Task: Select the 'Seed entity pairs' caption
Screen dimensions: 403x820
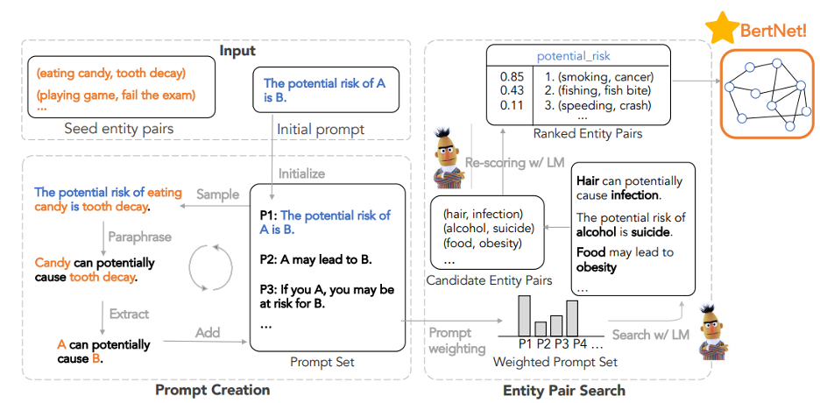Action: click(x=118, y=129)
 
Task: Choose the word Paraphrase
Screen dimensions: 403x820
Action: click(x=140, y=237)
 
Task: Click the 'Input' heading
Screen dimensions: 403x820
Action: click(x=237, y=51)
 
